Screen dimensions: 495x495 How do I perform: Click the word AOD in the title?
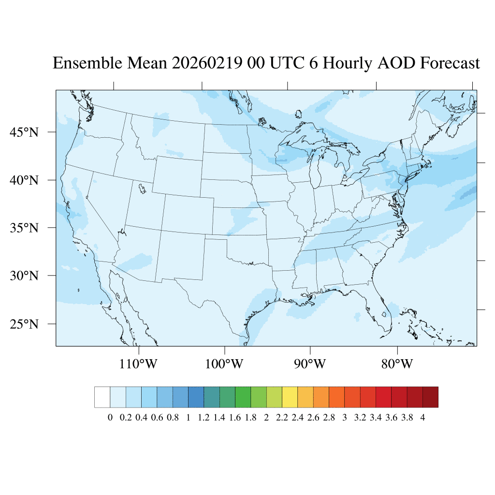click(398, 63)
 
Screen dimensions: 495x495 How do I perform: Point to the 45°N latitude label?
click(24, 132)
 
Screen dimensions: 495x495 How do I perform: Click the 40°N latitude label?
click(24, 180)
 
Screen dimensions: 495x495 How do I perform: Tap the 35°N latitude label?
click(24, 228)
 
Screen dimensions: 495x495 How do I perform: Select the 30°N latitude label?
click(24, 276)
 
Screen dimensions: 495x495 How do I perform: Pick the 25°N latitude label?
click(24, 323)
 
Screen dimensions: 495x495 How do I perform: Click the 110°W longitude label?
click(138, 364)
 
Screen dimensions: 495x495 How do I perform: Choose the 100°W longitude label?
click(224, 364)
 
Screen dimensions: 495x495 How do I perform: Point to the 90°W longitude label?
click(310, 364)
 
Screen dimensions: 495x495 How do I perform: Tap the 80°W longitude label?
click(397, 364)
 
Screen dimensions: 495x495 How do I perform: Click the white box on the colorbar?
click(102, 397)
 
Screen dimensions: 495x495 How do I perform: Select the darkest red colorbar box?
click(430, 397)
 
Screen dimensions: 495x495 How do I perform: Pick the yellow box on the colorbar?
click(290, 397)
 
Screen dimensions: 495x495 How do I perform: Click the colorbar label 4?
click(422, 418)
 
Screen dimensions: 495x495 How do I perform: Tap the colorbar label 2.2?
click(282, 418)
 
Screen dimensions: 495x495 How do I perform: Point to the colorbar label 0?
click(110, 418)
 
